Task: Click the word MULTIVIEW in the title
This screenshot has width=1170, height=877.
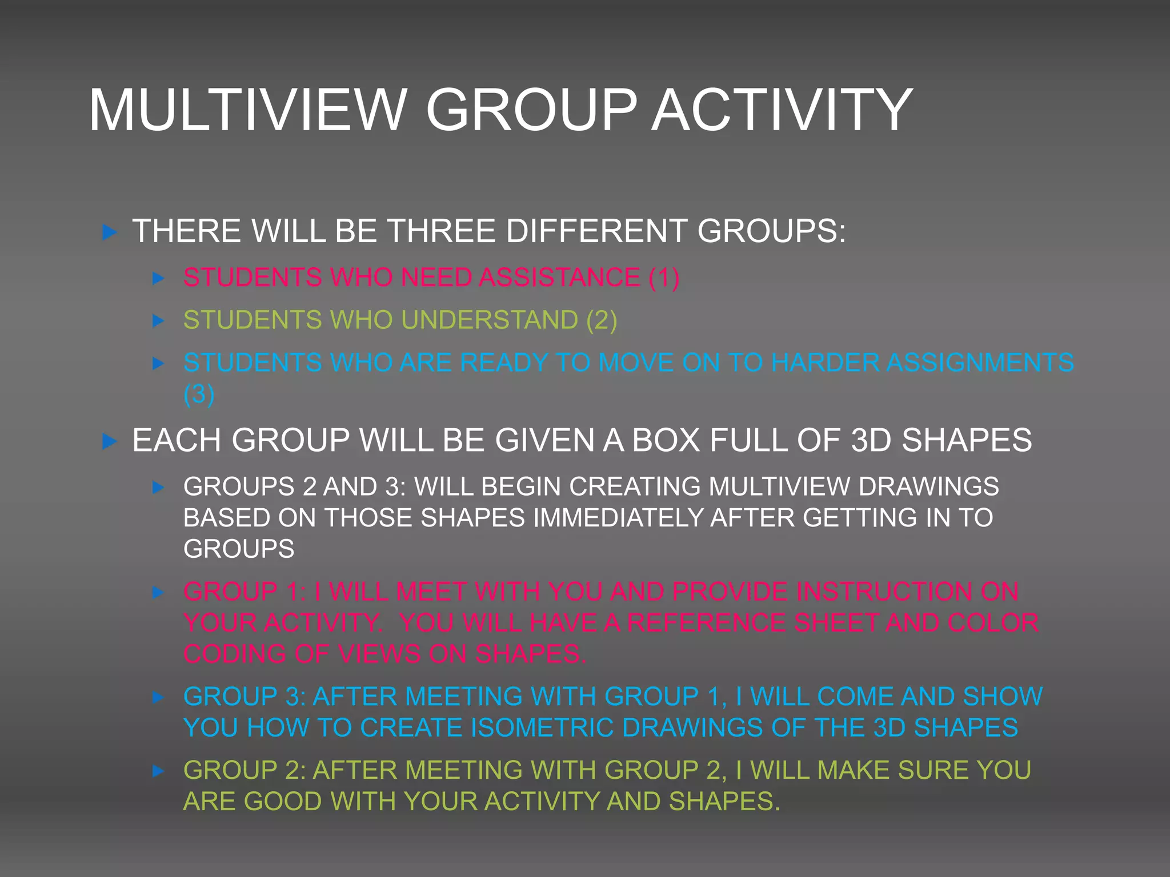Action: coord(247,110)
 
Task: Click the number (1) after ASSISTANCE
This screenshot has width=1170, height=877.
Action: coord(664,277)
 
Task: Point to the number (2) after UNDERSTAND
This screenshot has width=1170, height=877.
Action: coord(602,320)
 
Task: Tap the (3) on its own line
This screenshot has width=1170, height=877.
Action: coord(199,394)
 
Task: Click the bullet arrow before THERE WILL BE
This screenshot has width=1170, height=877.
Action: coord(109,232)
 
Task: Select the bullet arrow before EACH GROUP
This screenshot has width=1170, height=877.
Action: coord(109,441)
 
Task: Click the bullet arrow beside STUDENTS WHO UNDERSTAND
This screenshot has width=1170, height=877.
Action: coord(158,321)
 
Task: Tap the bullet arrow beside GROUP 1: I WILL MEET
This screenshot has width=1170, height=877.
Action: coord(158,593)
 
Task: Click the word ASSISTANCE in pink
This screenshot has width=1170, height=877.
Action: coord(560,277)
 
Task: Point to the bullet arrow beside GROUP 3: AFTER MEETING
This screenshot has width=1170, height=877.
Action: coord(158,697)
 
